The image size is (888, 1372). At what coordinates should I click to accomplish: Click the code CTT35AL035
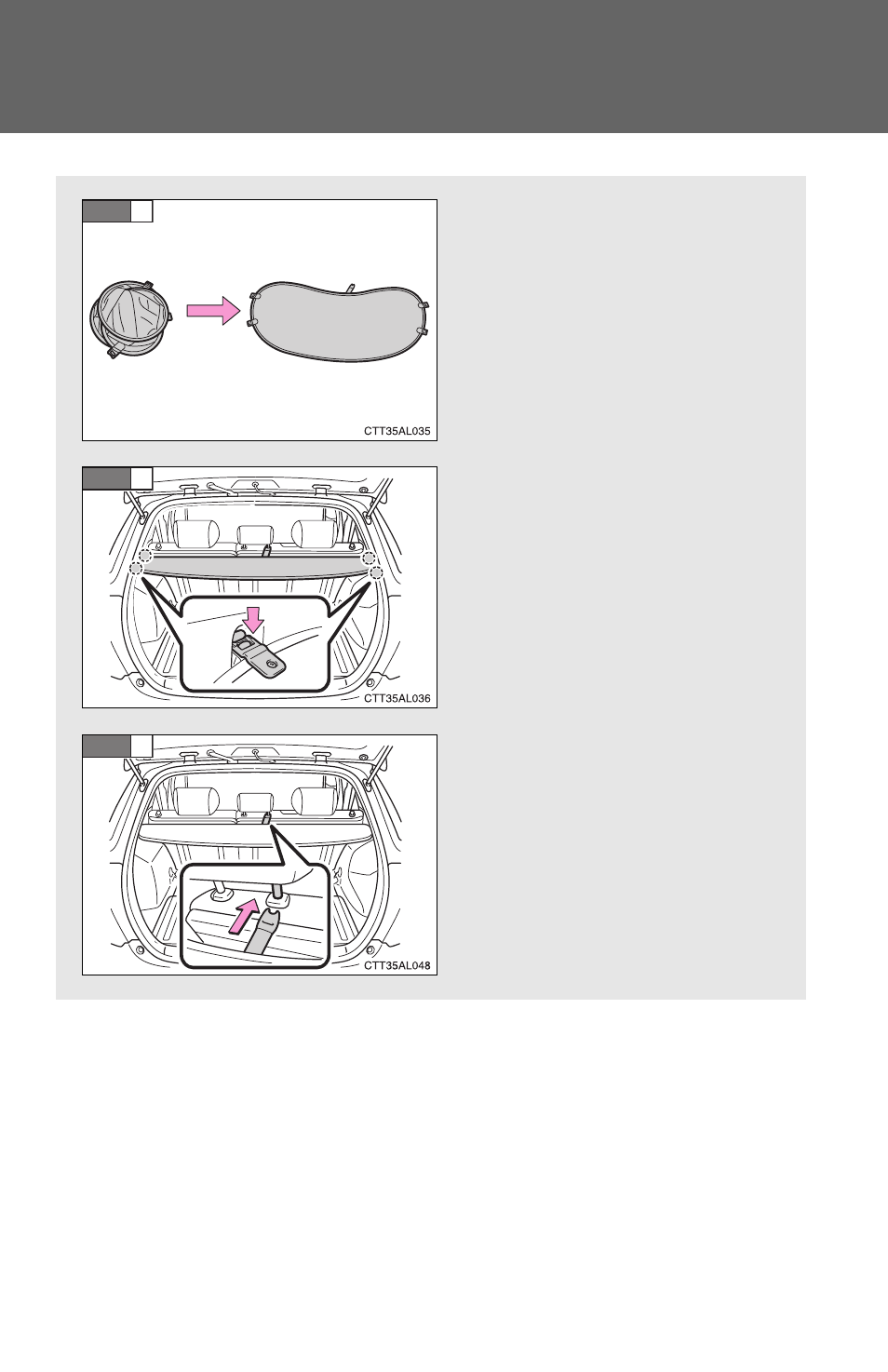tap(397, 431)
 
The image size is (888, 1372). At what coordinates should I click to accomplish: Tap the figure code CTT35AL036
tap(397, 698)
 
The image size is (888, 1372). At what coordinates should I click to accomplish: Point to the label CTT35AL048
tap(397, 966)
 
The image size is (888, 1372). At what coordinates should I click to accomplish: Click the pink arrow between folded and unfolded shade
tap(213, 311)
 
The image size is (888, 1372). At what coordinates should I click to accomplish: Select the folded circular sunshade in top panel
tap(130, 318)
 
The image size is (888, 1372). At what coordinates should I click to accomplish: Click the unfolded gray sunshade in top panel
tap(339, 322)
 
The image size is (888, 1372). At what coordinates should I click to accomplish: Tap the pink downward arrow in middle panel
tap(252, 619)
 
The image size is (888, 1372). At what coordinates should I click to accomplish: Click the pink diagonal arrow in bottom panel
tap(243, 915)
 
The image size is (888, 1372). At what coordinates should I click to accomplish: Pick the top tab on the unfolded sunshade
tap(351, 288)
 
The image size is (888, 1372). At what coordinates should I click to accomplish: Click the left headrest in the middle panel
tap(196, 533)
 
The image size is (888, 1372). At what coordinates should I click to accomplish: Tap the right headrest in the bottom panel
tap(314, 801)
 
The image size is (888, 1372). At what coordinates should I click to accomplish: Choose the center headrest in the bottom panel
tap(257, 804)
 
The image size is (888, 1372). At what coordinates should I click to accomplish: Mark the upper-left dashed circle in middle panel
tap(146, 556)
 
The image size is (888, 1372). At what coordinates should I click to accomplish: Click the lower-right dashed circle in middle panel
tap(376, 572)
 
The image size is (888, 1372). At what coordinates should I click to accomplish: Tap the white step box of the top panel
tap(141, 211)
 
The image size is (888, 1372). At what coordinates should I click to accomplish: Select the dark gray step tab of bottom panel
tap(106, 746)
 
